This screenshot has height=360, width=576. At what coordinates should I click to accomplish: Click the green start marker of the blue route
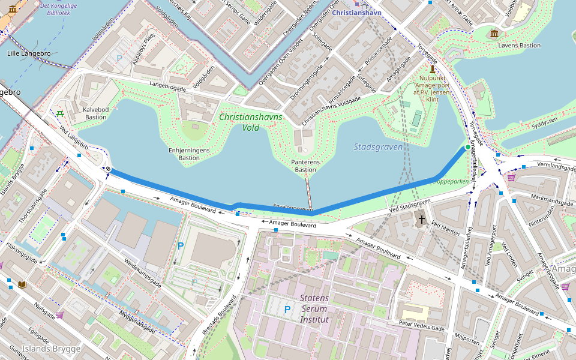467,147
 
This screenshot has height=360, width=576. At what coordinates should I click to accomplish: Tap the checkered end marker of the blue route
107,169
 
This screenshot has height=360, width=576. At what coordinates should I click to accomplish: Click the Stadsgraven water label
378,146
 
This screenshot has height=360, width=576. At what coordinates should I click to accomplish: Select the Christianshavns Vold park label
250,122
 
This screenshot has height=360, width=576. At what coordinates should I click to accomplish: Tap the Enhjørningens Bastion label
189,154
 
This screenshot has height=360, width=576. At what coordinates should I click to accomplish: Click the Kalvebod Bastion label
95,113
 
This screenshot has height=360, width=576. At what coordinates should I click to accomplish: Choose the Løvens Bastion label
519,46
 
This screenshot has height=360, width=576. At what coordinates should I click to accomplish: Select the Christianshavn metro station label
356,12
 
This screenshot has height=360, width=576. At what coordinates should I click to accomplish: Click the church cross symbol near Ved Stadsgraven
422,220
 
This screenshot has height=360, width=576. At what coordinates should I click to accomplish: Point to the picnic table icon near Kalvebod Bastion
60,112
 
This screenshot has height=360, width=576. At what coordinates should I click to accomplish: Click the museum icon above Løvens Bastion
494,33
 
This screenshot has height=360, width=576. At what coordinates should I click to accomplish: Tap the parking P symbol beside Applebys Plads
119,59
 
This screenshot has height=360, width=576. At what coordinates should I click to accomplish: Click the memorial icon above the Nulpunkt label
432,70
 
